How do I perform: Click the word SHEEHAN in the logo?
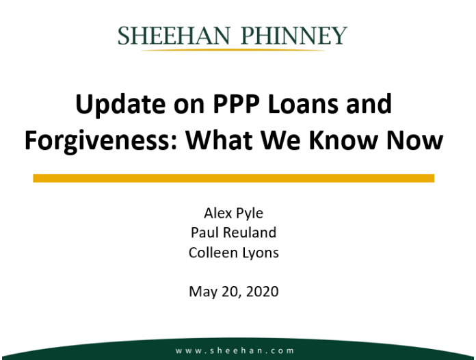[x=174, y=36]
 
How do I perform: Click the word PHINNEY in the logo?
[x=294, y=36]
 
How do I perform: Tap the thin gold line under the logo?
[x=233, y=50]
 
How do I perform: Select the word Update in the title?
[x=121, y=105]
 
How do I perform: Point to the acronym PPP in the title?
[x=236, y=103]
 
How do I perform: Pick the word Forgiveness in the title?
[x=101, y=140]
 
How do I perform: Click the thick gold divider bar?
[x=234, y=178]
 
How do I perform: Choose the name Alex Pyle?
[x=233, y=214]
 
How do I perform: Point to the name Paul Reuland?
[x=233, y=233]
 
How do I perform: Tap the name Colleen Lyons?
[x=233, y=253]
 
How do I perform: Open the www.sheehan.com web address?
[x=235, y=351]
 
